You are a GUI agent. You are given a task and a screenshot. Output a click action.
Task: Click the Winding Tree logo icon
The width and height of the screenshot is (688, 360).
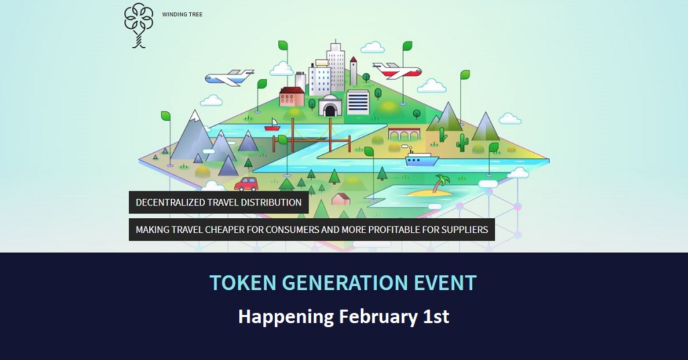(x=138, y=26)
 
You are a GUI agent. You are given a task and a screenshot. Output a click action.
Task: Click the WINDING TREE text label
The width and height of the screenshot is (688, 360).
(x=182, y=15)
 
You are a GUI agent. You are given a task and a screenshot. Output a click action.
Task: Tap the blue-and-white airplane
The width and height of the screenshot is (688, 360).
(x=229, y=78)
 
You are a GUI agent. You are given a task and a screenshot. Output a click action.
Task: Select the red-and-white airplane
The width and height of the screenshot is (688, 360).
(x=396, y=70)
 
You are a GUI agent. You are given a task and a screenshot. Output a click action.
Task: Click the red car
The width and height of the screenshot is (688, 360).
(x=246, y=184)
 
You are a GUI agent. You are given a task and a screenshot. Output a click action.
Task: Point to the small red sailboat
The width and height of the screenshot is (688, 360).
(x=272, y=125)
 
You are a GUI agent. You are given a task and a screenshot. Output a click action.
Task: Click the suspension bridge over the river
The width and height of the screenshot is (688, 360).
(x=312, y=135)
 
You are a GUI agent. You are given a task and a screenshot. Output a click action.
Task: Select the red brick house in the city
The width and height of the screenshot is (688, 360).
(x=292, y=97)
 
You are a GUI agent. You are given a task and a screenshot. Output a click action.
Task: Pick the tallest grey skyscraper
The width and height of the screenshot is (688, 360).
(x=336, y=66)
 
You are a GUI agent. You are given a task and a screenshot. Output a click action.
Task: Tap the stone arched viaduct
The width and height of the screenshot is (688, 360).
(x=404, y=134)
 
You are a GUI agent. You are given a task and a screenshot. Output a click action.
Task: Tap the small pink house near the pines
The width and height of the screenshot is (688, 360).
(x=341, y=199)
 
